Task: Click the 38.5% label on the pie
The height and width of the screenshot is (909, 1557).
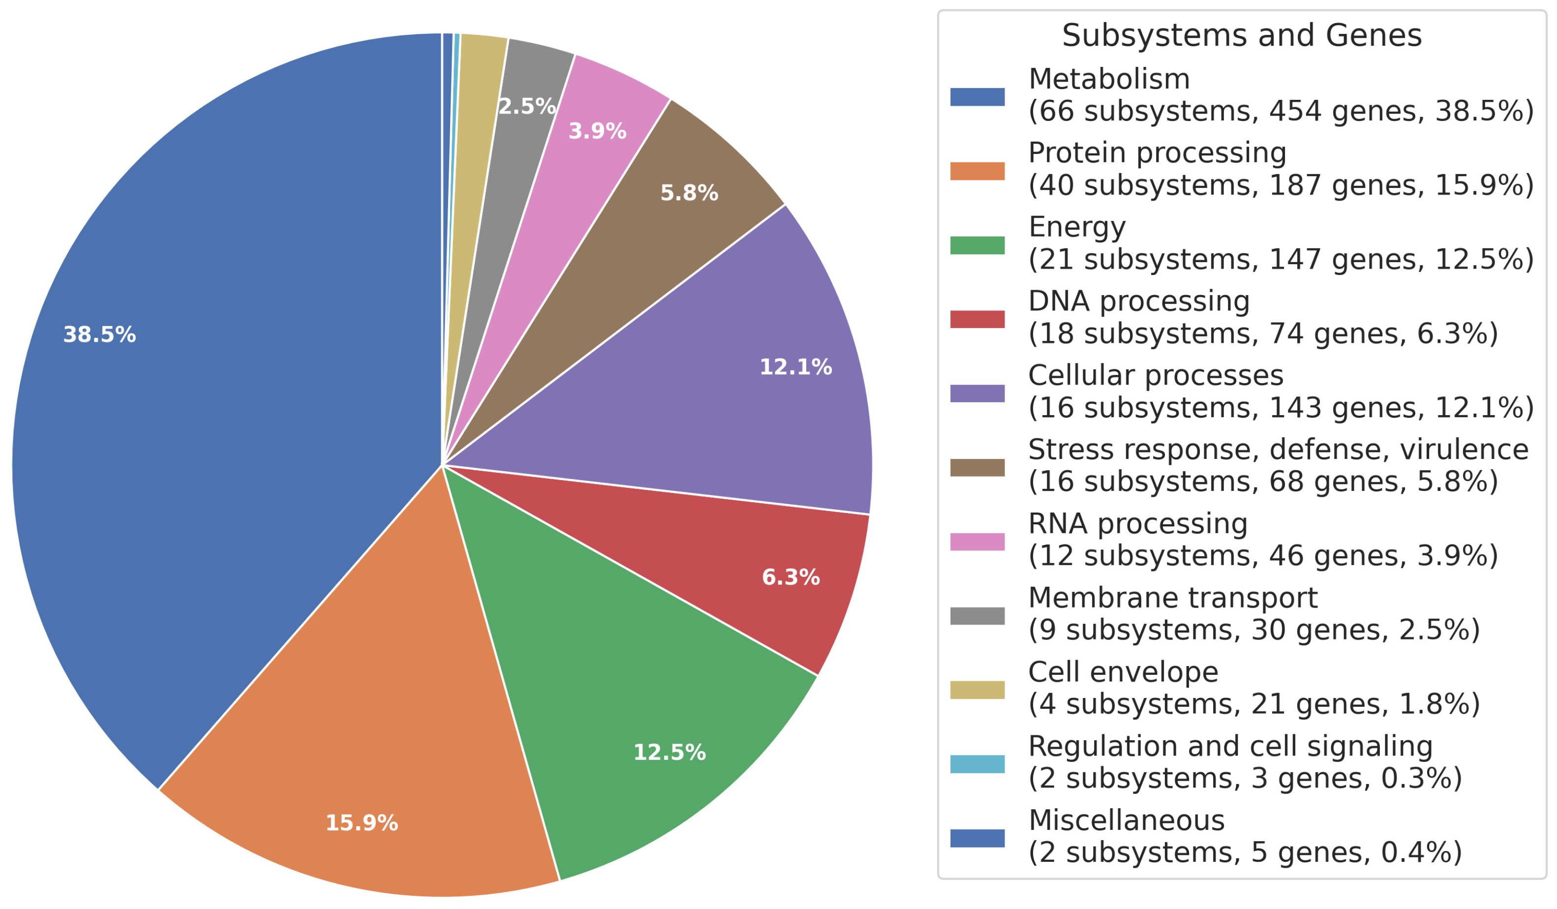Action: (99, 335)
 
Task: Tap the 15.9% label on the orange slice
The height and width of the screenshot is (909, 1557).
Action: (362, 823)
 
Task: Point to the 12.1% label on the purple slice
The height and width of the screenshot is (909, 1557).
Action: (795, 367)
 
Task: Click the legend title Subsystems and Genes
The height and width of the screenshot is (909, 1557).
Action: (1242, 35)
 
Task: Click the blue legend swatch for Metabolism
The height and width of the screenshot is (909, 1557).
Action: (977, 97)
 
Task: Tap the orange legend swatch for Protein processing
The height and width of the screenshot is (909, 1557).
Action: (977, 171)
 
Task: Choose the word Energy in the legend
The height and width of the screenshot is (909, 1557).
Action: (1077, 227)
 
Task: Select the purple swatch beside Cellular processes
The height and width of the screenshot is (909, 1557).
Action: (977, 394)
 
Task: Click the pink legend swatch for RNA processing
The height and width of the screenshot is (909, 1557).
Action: (977, 542)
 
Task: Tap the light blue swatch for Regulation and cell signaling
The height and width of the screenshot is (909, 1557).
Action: (977, 764)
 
